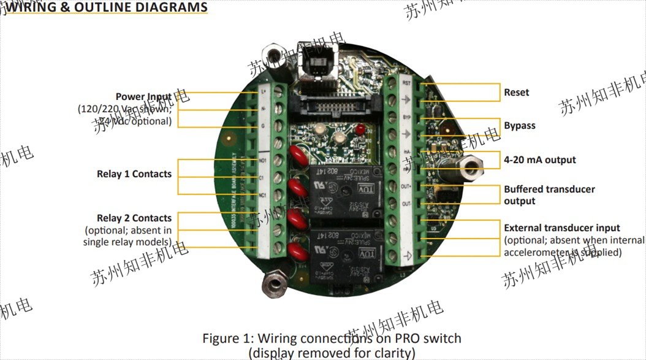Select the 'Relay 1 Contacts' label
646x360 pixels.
(x=134, y=174)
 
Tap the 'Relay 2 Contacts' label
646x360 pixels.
(x=134, y=218)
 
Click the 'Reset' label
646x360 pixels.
(x=516, y=93)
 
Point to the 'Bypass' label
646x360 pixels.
(x=519, y=126)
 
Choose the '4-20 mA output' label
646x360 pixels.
(x=539, y=160)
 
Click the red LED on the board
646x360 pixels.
(x=360, y=130)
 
